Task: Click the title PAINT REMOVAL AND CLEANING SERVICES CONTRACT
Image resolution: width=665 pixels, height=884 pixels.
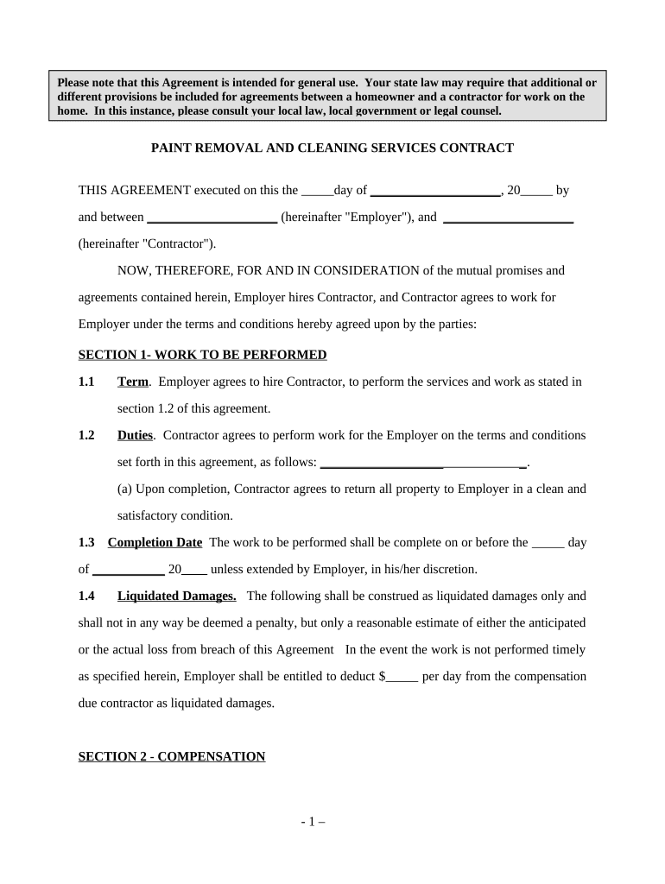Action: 332,148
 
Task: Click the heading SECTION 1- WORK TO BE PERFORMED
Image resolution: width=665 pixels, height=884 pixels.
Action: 202,355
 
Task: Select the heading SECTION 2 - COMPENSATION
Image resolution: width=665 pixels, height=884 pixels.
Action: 171,757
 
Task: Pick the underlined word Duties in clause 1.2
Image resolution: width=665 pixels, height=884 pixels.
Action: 135,435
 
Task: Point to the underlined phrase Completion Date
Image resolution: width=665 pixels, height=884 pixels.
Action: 155,542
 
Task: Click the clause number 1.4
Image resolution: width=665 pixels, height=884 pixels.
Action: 86,596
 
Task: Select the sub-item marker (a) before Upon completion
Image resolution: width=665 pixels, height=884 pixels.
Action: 125,489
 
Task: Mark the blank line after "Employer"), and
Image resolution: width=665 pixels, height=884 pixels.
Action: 508,218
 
